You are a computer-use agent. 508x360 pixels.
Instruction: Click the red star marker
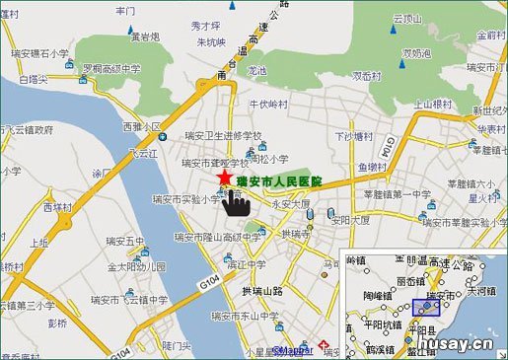tap(226, 176)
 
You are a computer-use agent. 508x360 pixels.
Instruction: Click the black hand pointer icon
tap(235, 202)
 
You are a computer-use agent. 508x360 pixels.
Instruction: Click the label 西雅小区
tap(140, 127)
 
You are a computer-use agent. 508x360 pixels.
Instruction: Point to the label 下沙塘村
tap(355, 135)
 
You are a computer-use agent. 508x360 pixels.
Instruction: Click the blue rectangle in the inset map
tap(426, 306)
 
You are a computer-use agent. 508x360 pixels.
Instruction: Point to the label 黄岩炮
tap(145, 36)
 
